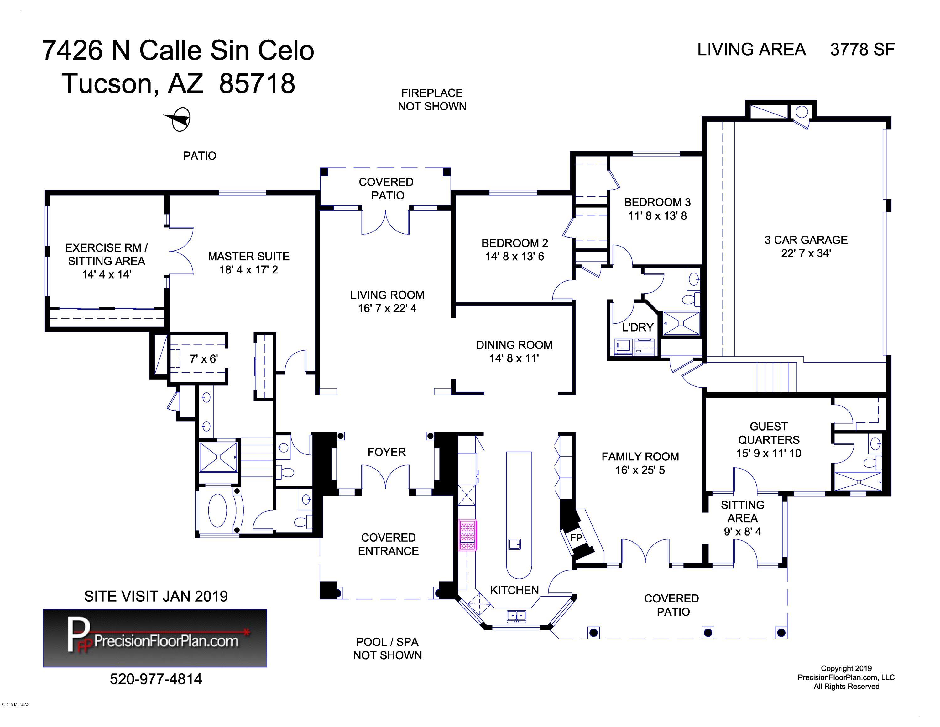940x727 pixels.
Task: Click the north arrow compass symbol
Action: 179,119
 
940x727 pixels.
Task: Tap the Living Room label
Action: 387,301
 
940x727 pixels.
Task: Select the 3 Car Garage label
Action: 806,246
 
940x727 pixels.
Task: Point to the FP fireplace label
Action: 576,538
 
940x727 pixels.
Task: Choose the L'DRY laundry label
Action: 638,327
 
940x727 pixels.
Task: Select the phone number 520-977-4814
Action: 156,679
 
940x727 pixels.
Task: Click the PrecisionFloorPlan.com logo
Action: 155,638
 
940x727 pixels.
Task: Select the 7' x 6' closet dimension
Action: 204,359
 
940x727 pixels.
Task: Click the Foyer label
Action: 387,452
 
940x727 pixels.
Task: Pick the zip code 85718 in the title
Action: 257,83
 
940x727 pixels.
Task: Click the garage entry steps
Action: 776,376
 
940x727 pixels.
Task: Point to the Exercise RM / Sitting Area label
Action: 106,261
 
